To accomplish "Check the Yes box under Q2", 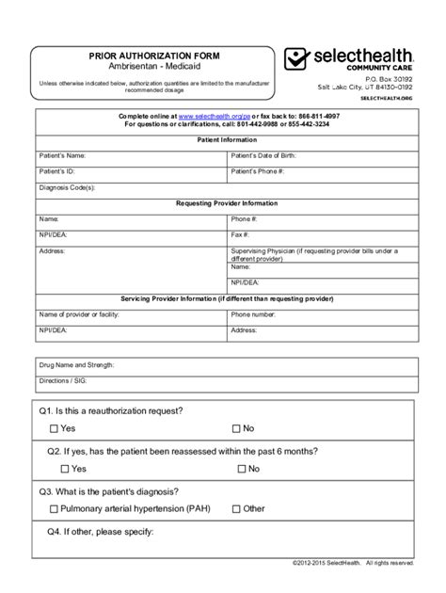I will click(x=65, y=468).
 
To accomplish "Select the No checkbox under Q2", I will click(x=236, y=468).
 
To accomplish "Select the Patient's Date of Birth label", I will click(x=272, y=154).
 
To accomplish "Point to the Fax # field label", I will click(x=240, y=235).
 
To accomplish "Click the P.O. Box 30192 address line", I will click(x=386, y=81).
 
